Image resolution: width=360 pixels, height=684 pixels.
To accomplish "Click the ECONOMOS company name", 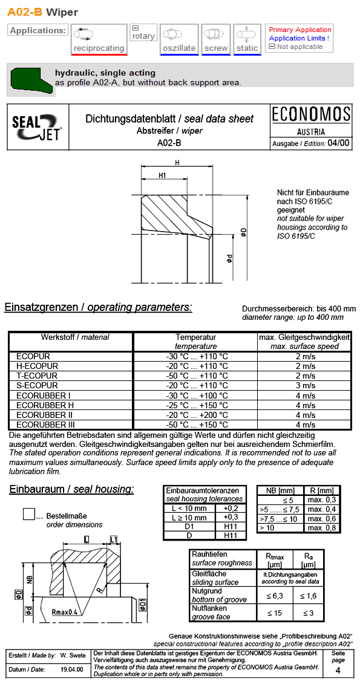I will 311,114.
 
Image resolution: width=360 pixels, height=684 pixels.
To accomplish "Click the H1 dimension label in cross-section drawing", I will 162,175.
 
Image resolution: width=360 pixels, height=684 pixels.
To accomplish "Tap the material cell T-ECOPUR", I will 37,376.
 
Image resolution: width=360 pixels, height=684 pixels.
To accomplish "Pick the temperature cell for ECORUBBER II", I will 197,415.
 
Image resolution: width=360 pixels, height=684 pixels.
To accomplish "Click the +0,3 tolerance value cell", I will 231,517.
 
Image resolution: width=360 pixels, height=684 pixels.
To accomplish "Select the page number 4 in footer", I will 338,670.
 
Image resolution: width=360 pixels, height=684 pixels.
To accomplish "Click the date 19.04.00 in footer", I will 72,670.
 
